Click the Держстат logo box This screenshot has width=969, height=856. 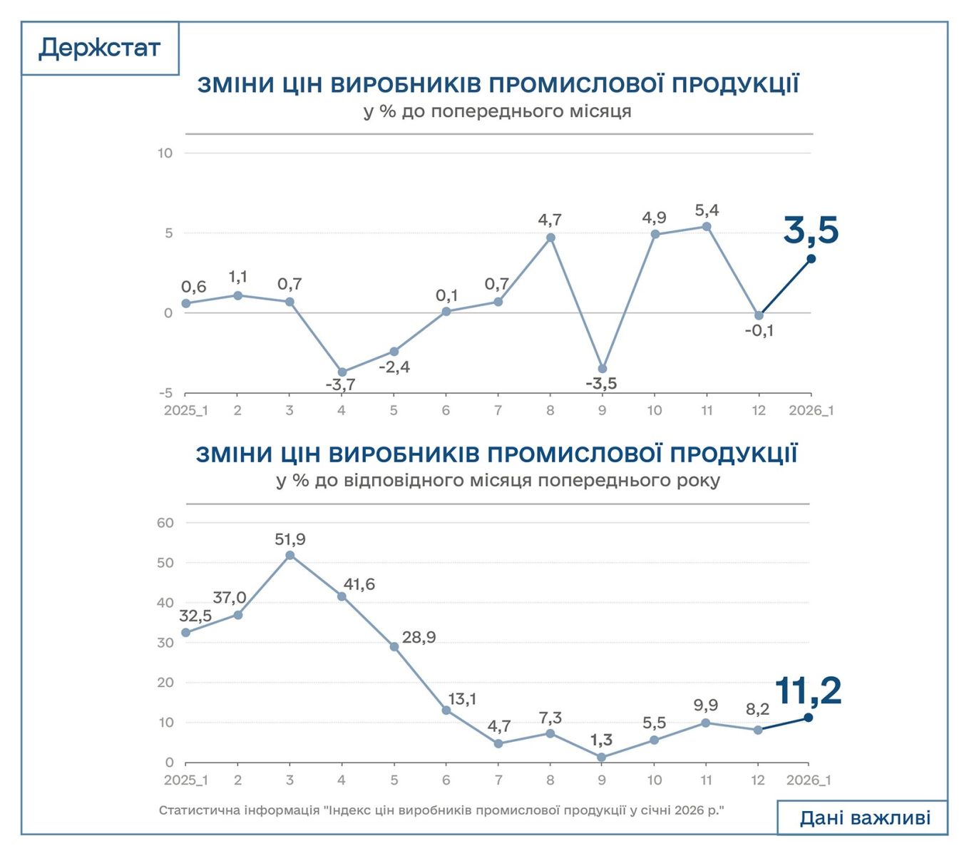[x=100, y=48]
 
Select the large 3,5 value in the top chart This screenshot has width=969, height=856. [x=811, y=230]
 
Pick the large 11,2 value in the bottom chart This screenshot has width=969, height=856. [x=807, y=691]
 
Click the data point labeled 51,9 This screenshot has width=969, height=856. [x=289, y=555]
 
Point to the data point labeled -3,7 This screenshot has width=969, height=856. [x=342, y=372]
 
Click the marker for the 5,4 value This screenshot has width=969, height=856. [x=707, y=227]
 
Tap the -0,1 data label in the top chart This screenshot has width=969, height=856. [x=759, y=331]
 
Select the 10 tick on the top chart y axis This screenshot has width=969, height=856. [x=165, y=153]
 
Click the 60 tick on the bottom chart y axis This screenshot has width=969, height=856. [x=165, y=523]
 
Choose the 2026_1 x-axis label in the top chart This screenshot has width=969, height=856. [x=811, y=411]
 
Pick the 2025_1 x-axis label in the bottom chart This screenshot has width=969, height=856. [x=185, y=780]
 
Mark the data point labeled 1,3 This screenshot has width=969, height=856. [x=602, y=758]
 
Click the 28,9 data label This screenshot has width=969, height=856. [x=419, y=638]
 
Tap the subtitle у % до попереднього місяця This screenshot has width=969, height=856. [x=497, y=112]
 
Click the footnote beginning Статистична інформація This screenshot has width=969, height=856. [x=441, y=811]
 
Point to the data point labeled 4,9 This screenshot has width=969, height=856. [x=655, y=235]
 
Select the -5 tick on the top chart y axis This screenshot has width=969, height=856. [x=165, y=393]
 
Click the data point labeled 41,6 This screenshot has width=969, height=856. [x=342, y=596]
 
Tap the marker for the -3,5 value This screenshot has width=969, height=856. [x=603, y=369]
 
